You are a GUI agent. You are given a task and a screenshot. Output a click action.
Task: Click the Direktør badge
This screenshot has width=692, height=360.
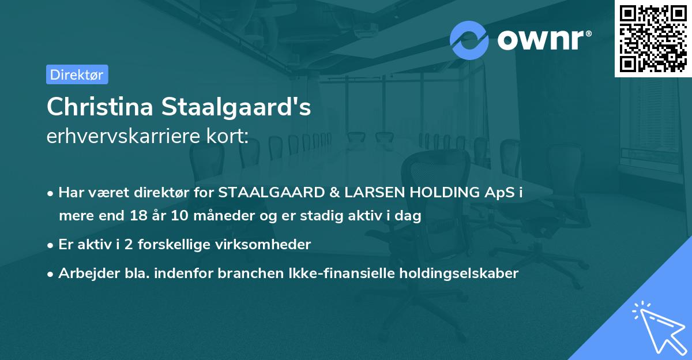click(x=77, y=74)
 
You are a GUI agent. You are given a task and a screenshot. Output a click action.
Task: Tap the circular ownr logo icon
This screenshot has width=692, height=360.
click(x=469, y=40)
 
